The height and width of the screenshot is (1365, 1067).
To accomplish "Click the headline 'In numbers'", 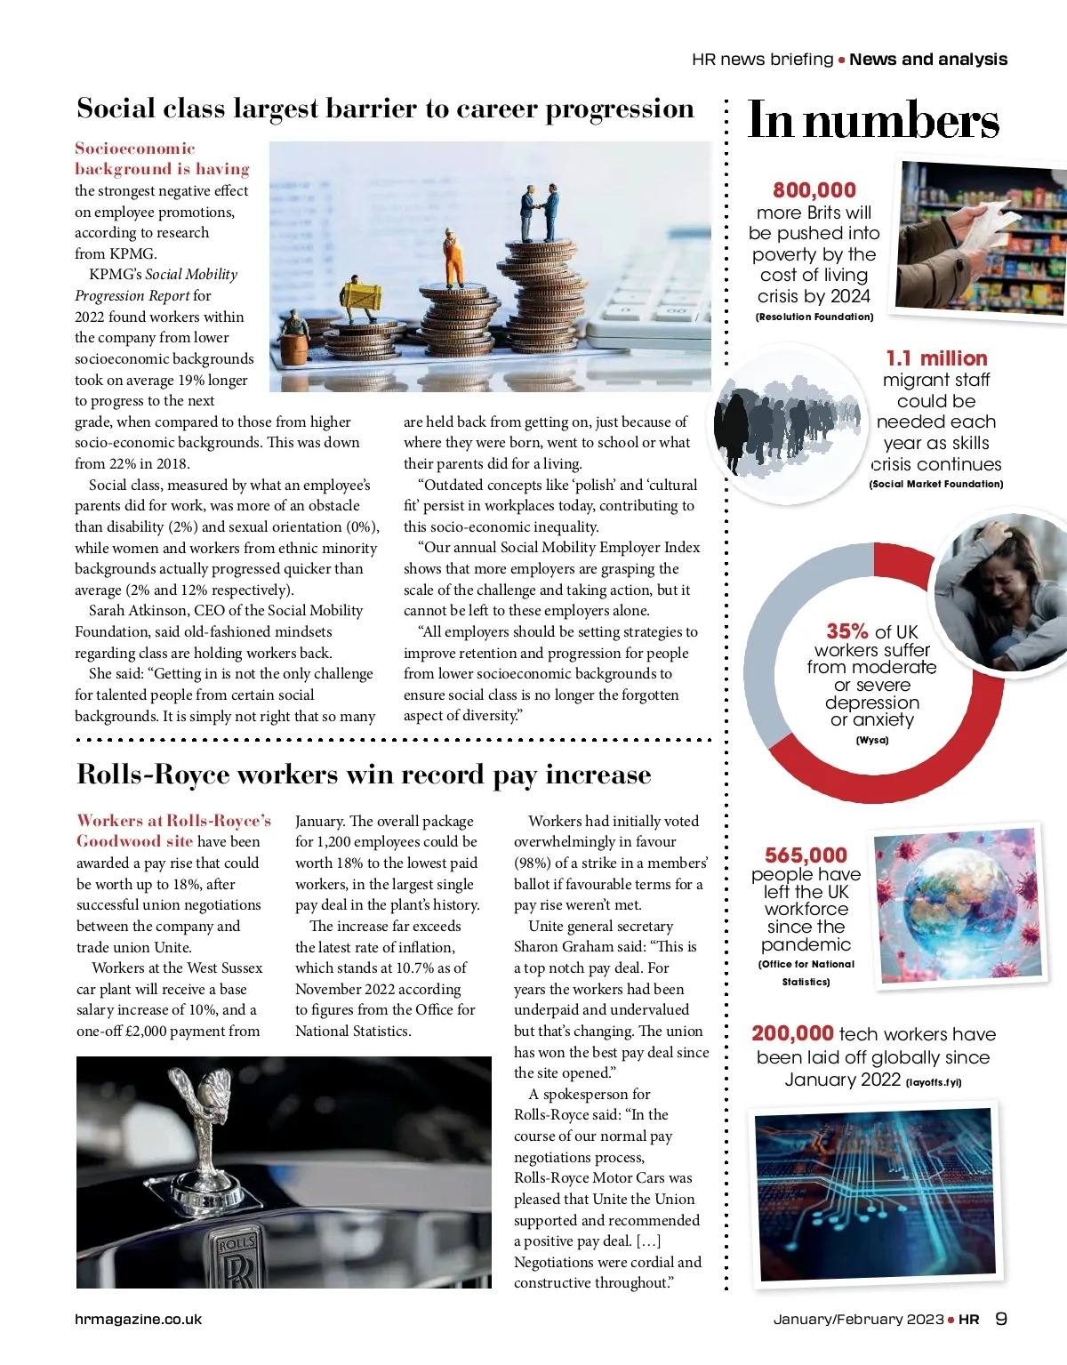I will (873, 122).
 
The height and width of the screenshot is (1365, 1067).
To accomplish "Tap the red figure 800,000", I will (814, 190).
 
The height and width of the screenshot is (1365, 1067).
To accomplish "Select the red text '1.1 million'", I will (936, 358).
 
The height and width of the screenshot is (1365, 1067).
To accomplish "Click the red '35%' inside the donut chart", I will (846, 631).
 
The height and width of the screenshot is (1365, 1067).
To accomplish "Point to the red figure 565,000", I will (806, 855).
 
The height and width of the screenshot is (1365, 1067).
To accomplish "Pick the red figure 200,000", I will (792, 1033).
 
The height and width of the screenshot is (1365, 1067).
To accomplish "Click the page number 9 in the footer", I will (1001, 1319).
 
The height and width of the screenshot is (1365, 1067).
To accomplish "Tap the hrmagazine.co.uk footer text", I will (138, 1320).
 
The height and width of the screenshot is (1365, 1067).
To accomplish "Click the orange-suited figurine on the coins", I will (453, 257).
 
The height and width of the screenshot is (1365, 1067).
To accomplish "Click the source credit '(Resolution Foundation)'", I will (814, 317).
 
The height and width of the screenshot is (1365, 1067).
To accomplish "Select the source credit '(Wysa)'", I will (871, 740).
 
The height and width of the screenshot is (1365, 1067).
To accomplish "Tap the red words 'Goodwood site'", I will (134, 841).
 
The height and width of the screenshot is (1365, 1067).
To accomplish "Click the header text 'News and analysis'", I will (928, 60).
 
